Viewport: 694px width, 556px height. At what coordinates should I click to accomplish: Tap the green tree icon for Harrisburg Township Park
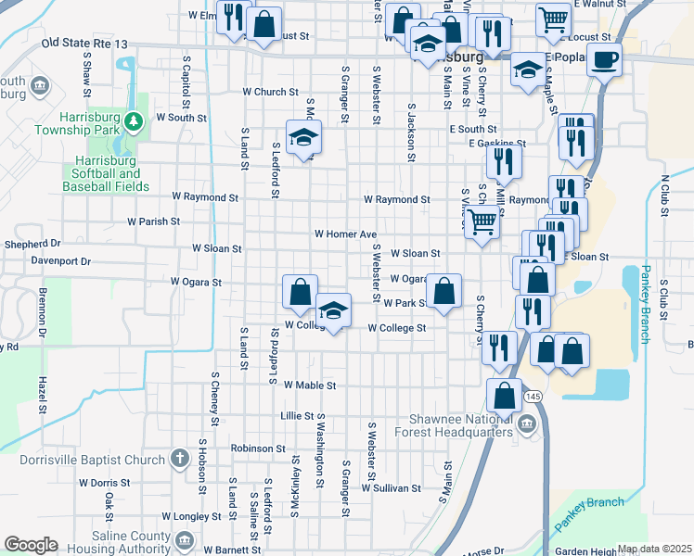point(134,120)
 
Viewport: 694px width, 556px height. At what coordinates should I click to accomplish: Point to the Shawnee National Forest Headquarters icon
point(527,424)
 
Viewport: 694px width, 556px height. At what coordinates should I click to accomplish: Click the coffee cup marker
point(605,60)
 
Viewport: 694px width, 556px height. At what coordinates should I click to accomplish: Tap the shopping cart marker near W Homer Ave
point(482,222)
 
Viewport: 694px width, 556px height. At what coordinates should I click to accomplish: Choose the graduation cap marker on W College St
point(333,310)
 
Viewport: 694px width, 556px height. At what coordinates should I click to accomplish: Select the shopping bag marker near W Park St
point(445,290)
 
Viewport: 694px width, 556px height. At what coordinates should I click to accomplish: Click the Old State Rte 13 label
point(84,43)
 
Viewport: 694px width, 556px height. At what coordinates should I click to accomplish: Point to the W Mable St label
point(309,385)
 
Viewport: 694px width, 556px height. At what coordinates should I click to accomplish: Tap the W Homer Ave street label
point(345,234)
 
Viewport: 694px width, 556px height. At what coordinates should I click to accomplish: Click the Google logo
point(31,545)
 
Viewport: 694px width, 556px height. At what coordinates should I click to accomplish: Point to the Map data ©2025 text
point(654,549)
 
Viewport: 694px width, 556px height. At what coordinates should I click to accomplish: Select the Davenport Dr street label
point(59,261)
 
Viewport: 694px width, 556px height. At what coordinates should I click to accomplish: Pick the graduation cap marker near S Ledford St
point(302,138)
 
